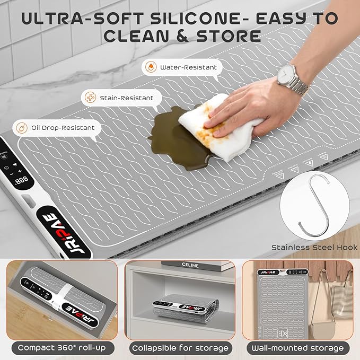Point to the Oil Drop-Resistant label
click(x=64, y=127)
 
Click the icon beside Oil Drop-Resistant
click(x=23, y=128)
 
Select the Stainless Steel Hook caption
click(x=314, y=247)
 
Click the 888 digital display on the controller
click(x=22, y=180)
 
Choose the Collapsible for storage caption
click(x=180, y=348)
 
